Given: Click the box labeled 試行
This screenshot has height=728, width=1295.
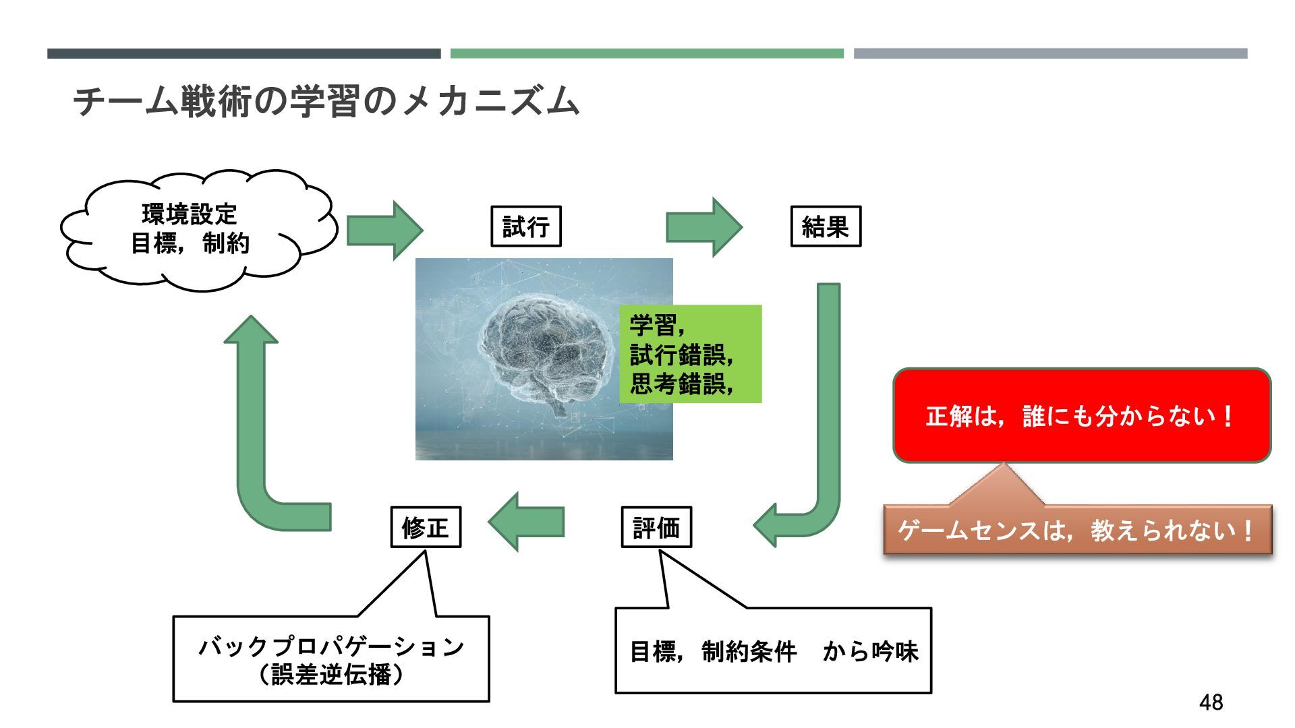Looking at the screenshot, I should [525, 226].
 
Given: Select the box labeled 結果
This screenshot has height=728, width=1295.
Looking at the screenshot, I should [826, 226].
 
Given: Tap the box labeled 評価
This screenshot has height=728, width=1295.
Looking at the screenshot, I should [656, 527].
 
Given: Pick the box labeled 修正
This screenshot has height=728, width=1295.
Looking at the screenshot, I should [426, 527].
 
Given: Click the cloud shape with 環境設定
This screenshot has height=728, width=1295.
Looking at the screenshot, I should [192, 229].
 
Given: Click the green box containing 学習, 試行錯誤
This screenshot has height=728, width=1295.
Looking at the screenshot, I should [691, 355].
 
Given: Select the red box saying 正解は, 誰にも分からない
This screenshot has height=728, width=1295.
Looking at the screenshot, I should [1082, 415].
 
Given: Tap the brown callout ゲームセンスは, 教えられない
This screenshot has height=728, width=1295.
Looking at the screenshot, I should [1077, 530].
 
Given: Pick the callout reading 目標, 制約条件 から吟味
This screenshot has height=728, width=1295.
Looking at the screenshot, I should [773, 650].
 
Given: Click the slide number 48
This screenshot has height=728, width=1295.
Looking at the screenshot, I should [1211, 702].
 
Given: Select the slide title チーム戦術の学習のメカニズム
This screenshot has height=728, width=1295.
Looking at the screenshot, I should [326, 101].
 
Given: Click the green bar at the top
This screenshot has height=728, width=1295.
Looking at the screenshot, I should [647, 53].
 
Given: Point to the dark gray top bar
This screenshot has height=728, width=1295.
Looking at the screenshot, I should [243, 53].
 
